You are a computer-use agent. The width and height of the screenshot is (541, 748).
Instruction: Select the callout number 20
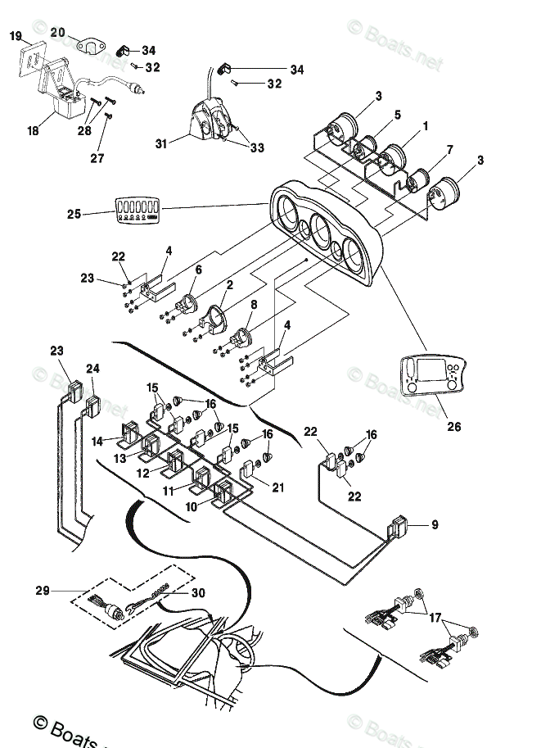(57, 32)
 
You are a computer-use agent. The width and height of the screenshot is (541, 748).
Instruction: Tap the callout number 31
(162, 144)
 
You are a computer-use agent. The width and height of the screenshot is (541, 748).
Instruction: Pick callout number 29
(43, 590)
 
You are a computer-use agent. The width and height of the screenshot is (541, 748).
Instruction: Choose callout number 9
(435, 525)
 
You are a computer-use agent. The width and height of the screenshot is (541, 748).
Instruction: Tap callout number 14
(97, 441)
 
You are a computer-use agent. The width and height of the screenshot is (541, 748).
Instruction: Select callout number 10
(190, 508)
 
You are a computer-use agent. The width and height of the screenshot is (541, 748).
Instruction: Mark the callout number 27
(97, 158)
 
